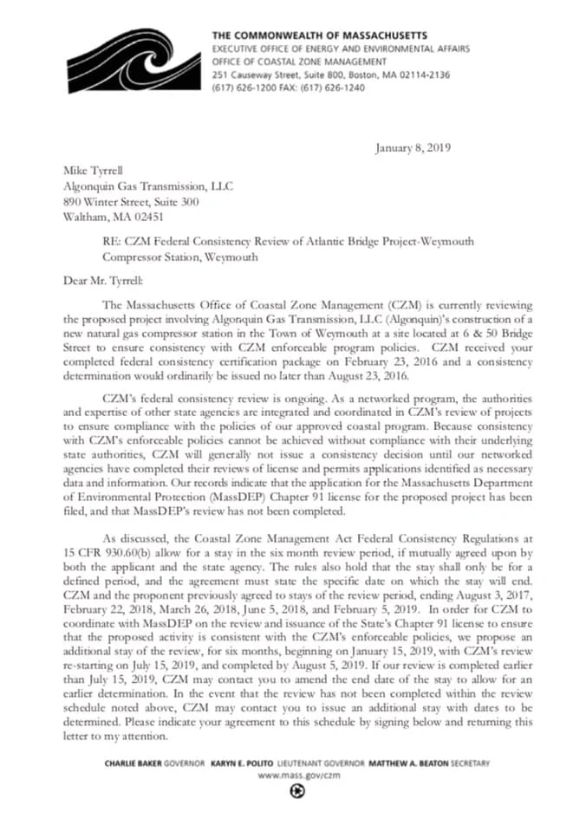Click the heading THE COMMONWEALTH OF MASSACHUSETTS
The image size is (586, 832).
tap(319, 35)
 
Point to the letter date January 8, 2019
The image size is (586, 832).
tap(413, 148)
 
